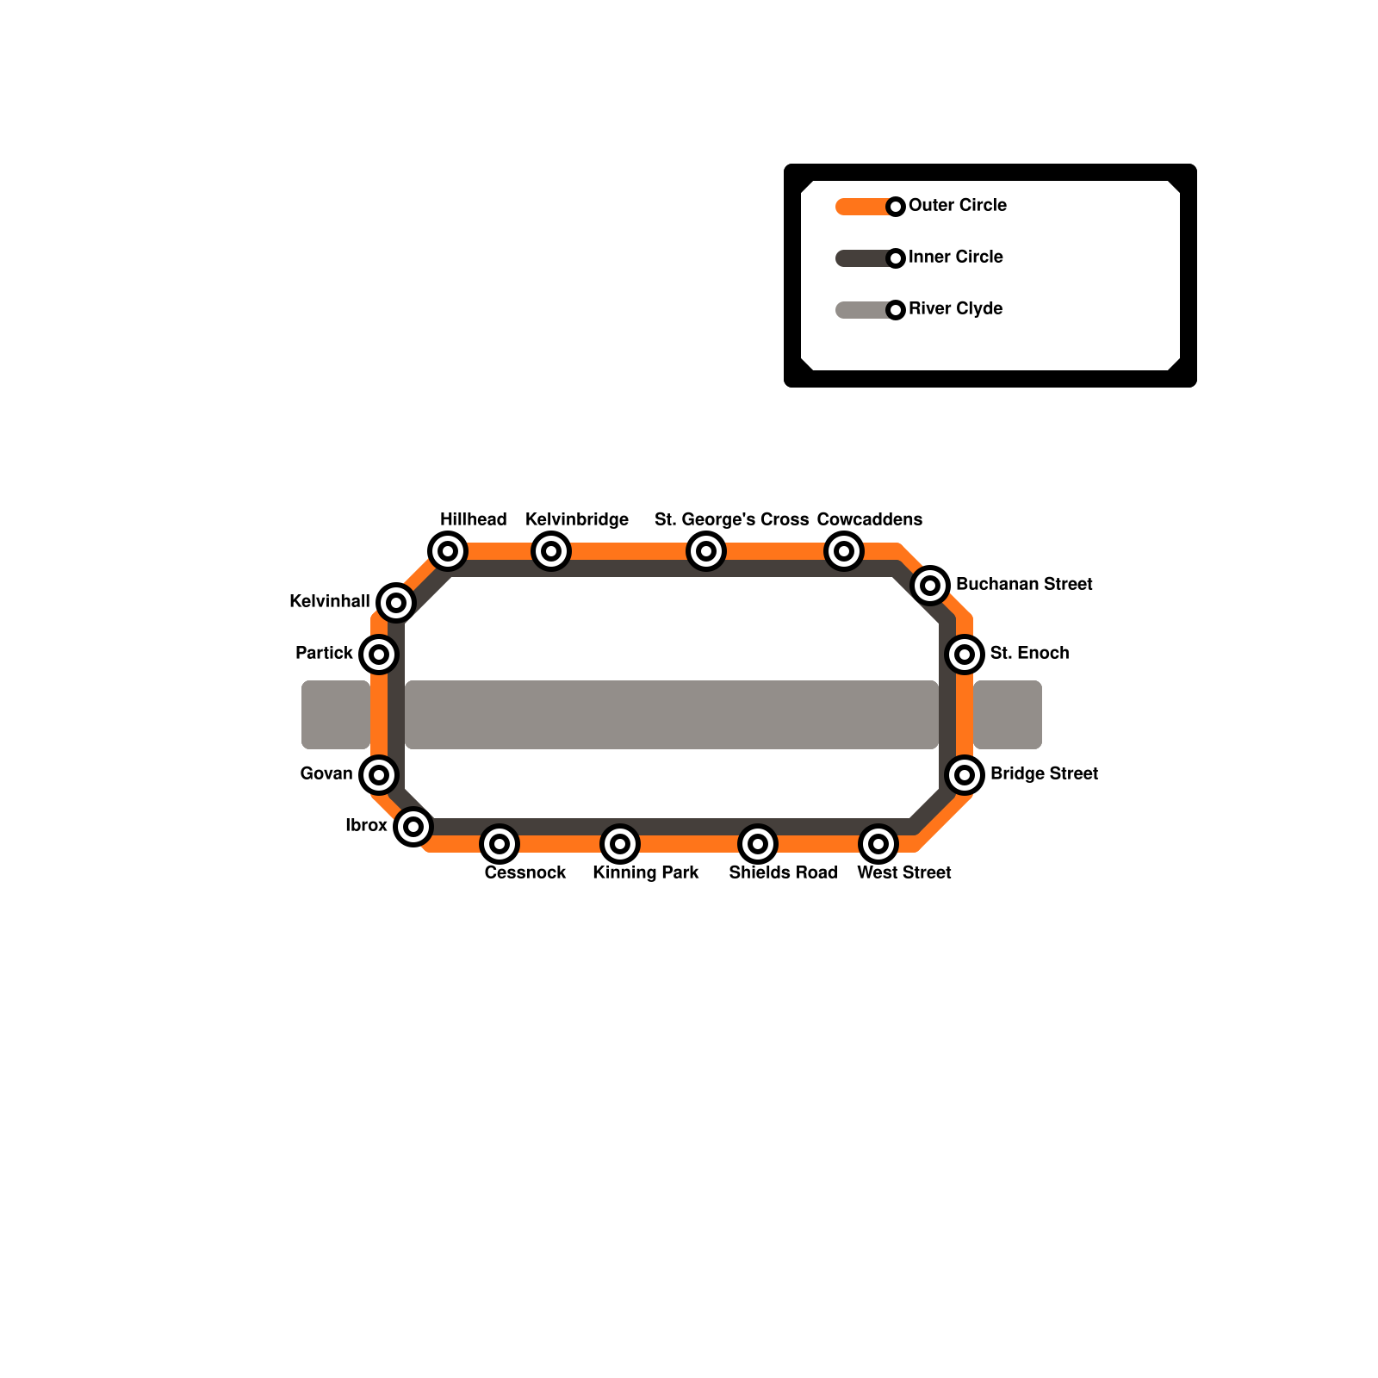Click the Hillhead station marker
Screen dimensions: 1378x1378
tap(448, 551)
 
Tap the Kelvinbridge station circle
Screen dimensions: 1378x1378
tap(551, 551)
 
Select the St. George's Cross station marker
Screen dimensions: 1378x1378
tap(706, 551)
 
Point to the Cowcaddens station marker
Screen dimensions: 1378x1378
tap(844, 551)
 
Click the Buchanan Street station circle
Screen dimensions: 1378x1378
tap(930, 586)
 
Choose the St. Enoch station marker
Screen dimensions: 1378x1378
tap(965, 655)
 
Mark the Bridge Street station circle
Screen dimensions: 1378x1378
tap(965, 775)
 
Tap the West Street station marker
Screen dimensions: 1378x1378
tap(878, 844)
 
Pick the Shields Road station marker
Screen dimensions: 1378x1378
tap(758, 844)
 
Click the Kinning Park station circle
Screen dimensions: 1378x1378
tap(620, 844)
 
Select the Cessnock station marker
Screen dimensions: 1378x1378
tap(500, 844)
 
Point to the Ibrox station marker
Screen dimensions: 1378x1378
tap(413, 827)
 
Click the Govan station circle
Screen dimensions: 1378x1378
tap(379, 775)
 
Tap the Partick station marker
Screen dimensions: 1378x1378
tap(379, 655)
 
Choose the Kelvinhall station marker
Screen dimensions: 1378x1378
tap(396, 603)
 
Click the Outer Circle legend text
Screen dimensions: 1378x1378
tap(957, 206)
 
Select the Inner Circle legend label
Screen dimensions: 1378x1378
tap(955, 258)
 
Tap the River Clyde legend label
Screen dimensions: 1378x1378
tap(955, 309)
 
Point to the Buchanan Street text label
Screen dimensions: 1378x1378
tap(1024, 585)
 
